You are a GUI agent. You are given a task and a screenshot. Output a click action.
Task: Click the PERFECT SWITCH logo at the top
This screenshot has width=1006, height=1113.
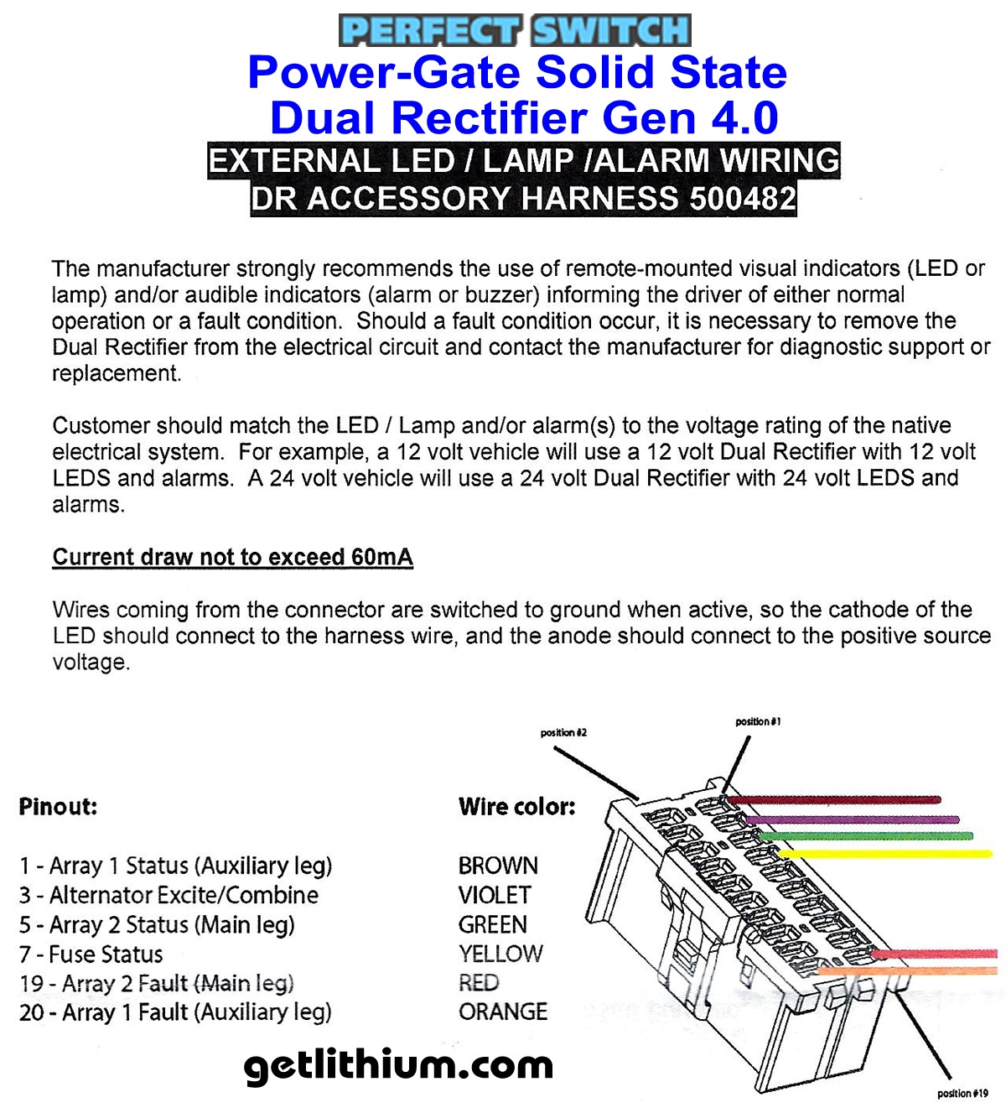[x=515, y=30]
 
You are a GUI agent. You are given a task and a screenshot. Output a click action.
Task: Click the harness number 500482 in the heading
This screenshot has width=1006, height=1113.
[x=742, y=199]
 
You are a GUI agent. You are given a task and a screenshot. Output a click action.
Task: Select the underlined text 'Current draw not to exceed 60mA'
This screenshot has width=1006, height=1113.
[x=232, y=557]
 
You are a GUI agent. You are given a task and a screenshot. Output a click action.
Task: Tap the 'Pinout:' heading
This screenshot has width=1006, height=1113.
[x=58, y=807]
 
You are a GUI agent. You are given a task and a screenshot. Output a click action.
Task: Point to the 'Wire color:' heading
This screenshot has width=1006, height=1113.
[x=516, y=807]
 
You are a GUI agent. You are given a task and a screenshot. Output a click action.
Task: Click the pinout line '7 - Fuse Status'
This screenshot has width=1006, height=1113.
[x=91, y=954]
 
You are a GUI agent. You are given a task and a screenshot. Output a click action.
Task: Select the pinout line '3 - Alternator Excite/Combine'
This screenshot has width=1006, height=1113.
[x=169, y=895]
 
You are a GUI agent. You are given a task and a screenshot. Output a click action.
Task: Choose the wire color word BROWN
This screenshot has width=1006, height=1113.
[x=498, y=865]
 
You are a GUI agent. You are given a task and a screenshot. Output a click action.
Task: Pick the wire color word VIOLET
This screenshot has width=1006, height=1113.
[x=495, y=895]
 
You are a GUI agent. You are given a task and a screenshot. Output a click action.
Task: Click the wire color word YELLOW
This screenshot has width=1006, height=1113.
[x=500, y=954]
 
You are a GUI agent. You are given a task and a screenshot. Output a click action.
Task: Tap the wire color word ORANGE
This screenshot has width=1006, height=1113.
[x=503, y=1012]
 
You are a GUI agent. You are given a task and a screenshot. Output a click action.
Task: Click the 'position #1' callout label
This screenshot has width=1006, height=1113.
[x=758, y=721]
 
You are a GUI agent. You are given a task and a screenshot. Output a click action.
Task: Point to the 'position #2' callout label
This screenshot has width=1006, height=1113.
[x=563, y=732]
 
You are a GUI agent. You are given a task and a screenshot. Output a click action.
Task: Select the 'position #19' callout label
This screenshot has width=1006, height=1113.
[x=962, y=1093]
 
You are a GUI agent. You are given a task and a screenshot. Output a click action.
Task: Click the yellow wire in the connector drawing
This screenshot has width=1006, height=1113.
[x=889, y=854]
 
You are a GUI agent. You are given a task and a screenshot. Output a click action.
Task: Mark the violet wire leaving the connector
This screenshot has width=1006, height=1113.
[x=855, y=819]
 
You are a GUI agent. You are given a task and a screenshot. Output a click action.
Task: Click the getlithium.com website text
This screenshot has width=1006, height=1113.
[x=398, y=1066]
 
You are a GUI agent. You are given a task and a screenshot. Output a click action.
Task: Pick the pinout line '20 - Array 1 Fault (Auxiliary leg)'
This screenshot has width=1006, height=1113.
[x=175, y=1012]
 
